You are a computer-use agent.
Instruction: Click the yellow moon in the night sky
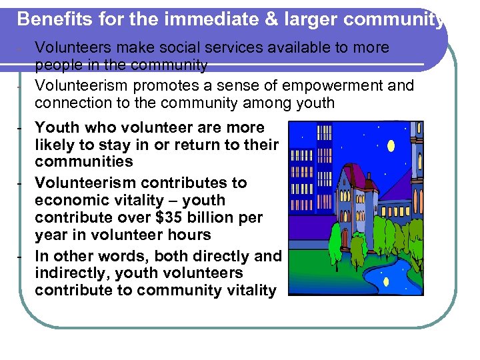coord(391,145)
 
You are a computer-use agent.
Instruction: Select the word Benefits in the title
coord(49,19)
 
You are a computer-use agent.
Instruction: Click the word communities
coord(84,162)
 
